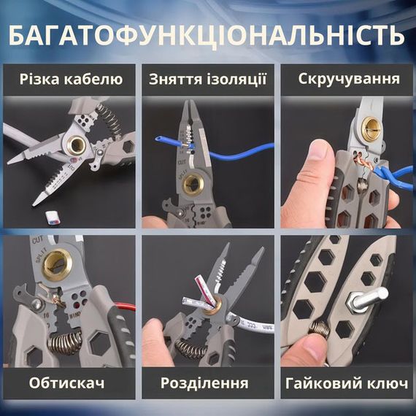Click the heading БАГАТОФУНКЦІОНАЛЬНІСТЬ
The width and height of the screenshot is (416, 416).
click(x=208, y=34)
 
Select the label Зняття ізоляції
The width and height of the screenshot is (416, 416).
click(x=207, y=79)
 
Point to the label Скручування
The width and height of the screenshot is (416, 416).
click(x=348, y=79)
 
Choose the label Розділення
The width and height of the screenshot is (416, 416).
click(x=207, y=382)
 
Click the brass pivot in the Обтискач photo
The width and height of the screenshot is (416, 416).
click(x=50, y=260)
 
